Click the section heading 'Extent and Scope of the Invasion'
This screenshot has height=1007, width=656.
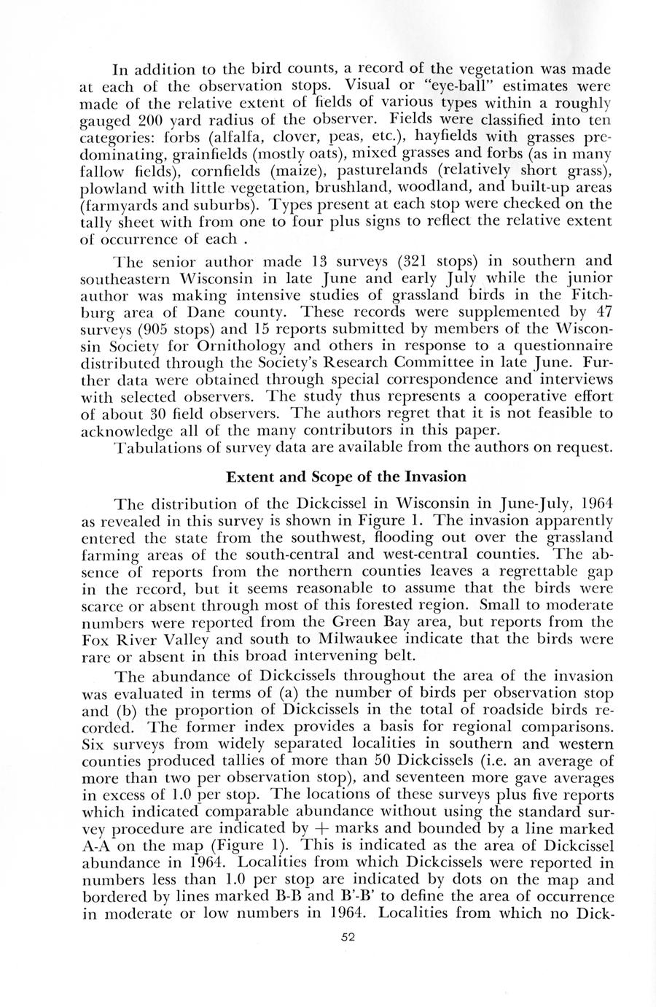click(345, 477)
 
